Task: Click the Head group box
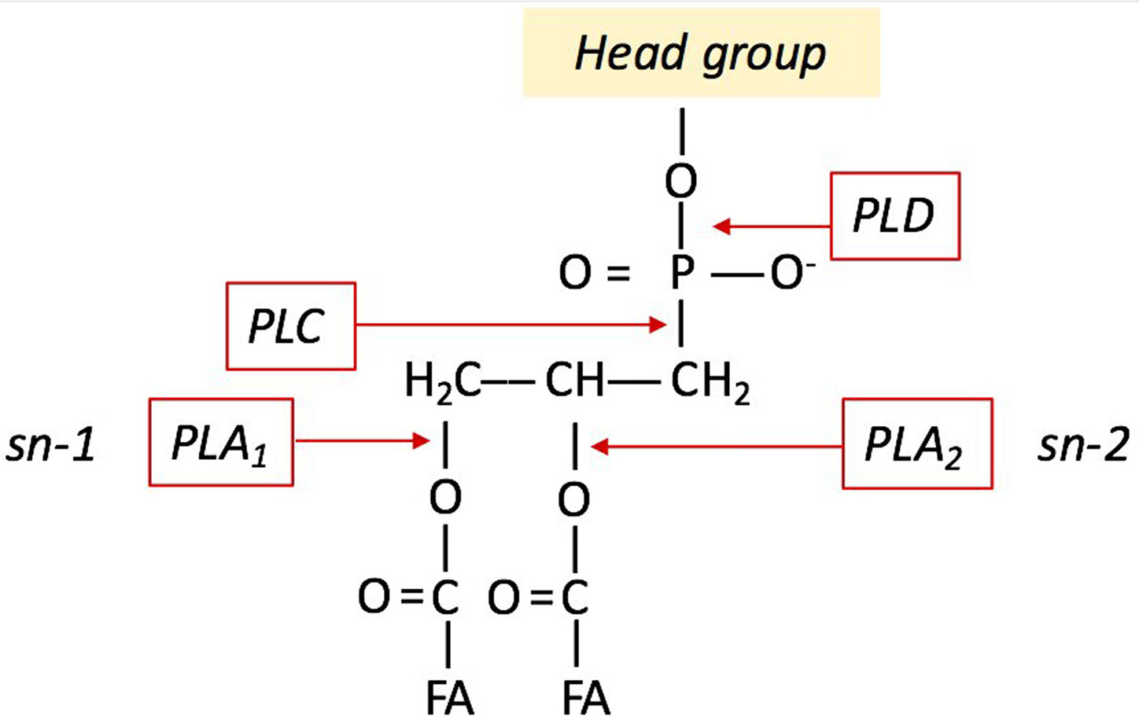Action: pyautogui.click(x=701, y=53)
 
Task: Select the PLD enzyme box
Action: pyautogui.click(x=895, y=215)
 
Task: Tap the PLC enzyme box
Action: pyautogui.click(x=290, y=326)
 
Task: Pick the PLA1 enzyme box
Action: pyautogui.click(x=221, y=442)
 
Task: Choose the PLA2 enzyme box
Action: pyautogui.click(x=916, y=444)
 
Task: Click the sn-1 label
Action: pyautogui.click(x=51, y=444)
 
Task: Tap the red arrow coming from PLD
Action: pyautogui.click(x=771, y=226)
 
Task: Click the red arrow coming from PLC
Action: pyautogui.click(x=511, y=324)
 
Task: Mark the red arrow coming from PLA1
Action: pyautogui.click(x=362, y=440)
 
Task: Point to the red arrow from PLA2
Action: pyautogui.click(x=716, y=447)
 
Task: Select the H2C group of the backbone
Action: pyautogui.click(x=442, y=382)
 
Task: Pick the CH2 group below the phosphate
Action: pyautogui.click(x=710, y=382)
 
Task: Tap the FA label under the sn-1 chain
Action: pyautogui.click(x=450, y=697)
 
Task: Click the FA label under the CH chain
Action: pyautogui.click(x=586, y=697)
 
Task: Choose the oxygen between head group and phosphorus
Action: pyautogui.click(x=681, y=181)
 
